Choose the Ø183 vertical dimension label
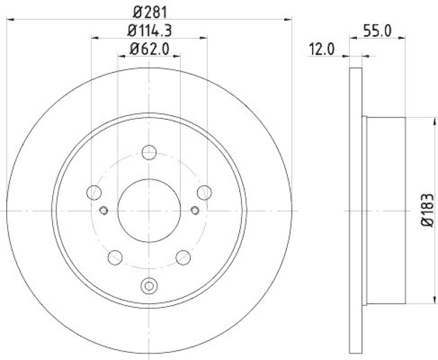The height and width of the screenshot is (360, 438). coord(428,210)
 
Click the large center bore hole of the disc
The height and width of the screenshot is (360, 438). coord(149,210)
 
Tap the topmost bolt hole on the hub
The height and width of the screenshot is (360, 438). coord(149,152)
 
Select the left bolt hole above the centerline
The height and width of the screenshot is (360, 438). coord(94,192)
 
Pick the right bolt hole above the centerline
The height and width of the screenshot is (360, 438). coord(204,192)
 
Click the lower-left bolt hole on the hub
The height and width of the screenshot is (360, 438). coord(115,256)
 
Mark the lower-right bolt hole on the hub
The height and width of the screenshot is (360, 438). coord(183,256)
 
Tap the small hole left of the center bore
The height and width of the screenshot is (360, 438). coord(104,209)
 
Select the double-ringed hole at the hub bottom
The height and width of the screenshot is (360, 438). coord(149,285)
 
